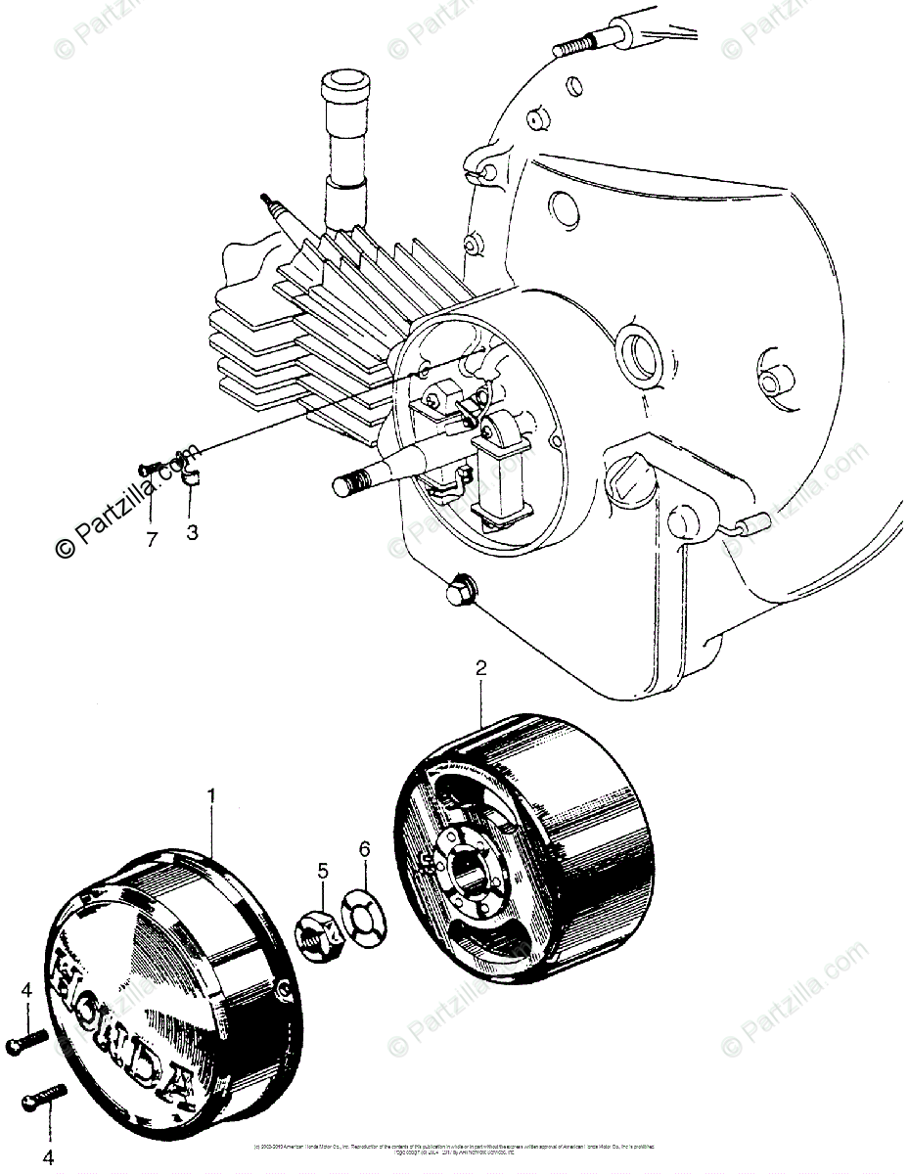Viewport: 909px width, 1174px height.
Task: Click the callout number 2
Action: pos(480,669)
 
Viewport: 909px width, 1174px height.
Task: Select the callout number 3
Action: pos(193,533)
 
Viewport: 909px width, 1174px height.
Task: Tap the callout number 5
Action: pos(322,870)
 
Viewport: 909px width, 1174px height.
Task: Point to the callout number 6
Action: pos(364,850)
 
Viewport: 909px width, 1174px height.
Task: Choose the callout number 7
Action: pos(152,539)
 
